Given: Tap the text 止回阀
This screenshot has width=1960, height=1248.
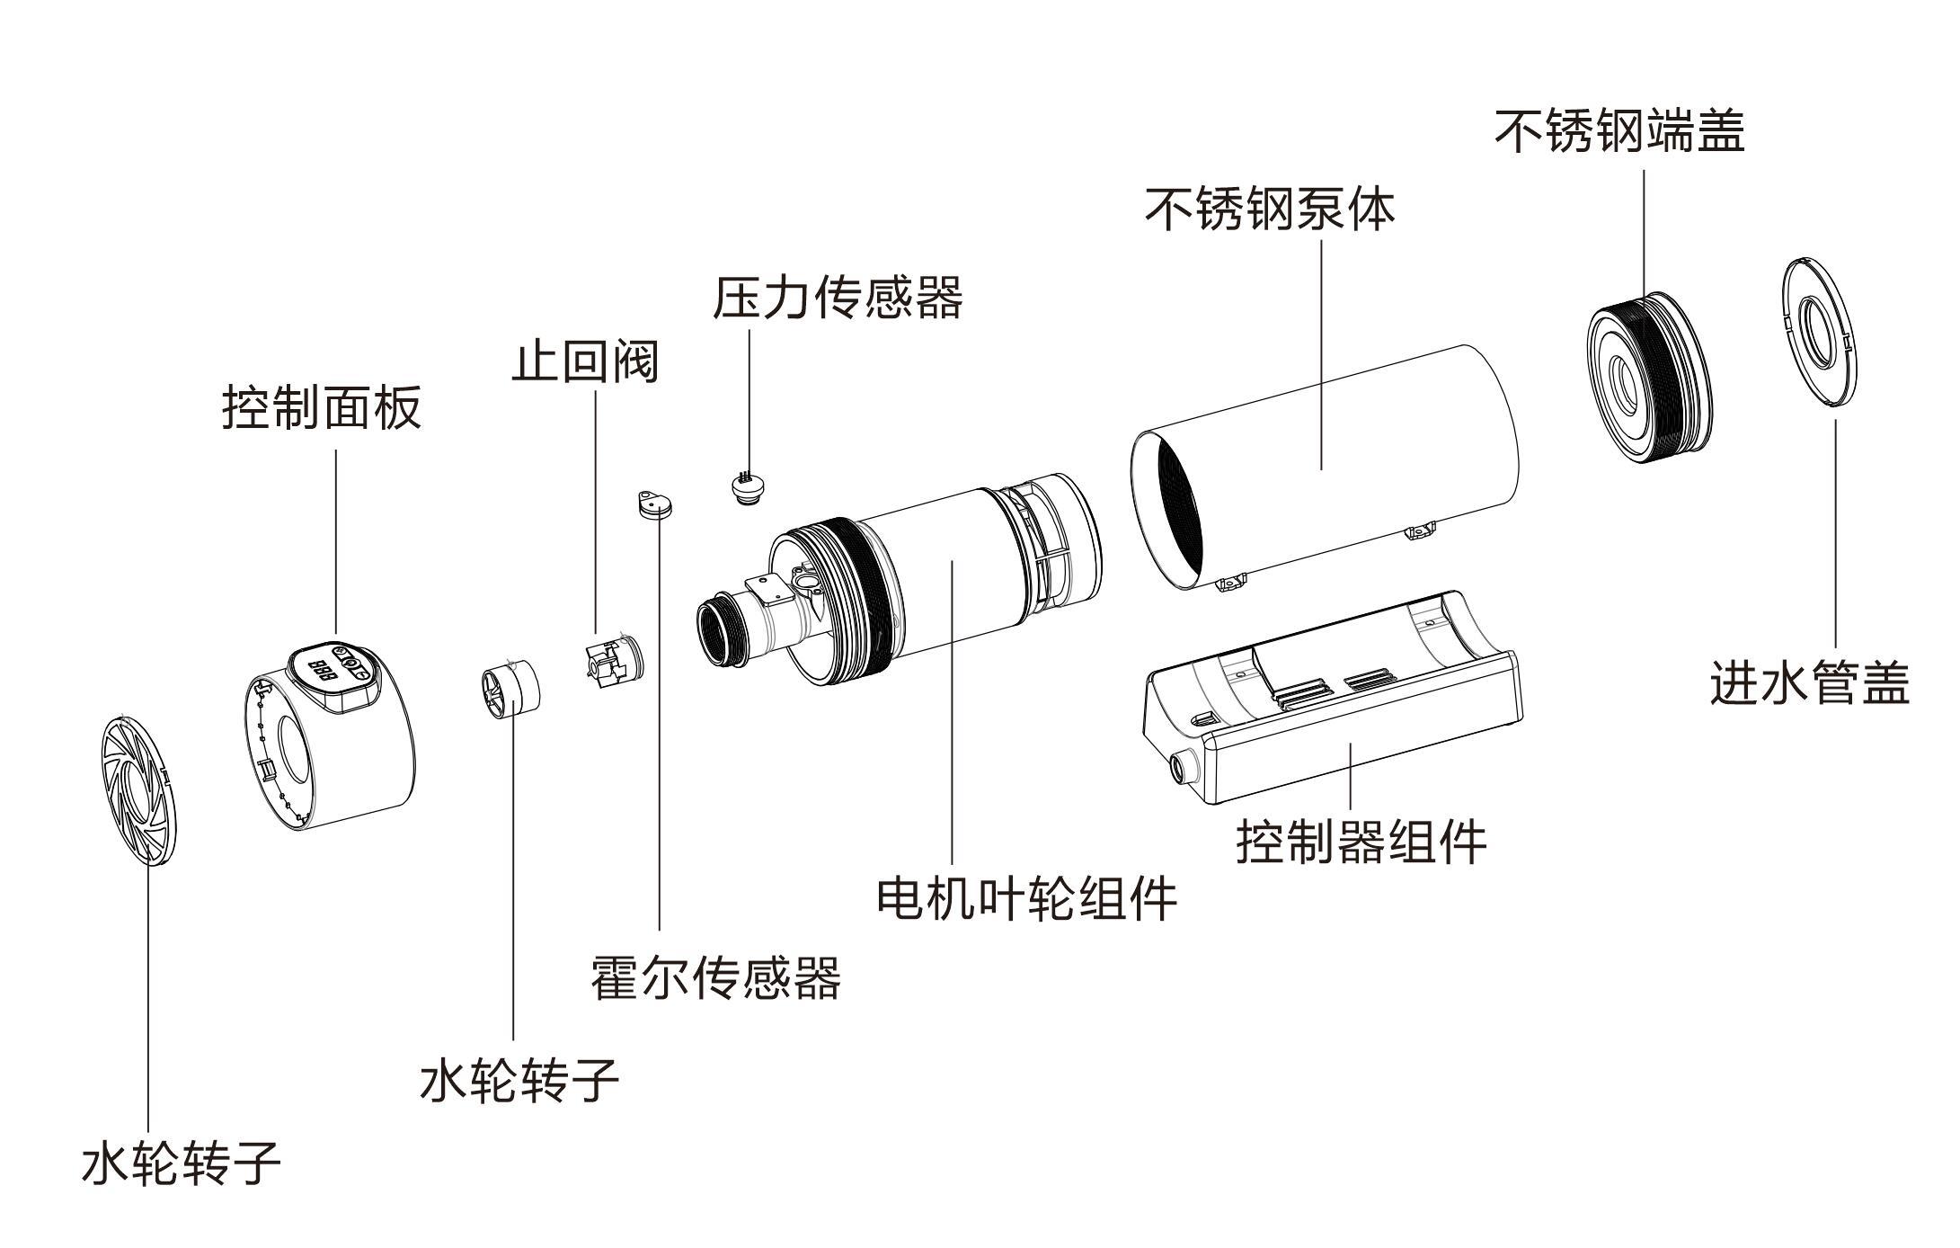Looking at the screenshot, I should pos(585,361).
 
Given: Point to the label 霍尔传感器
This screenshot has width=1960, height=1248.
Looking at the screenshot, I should pos(715,977).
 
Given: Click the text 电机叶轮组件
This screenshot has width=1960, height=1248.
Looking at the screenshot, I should pos(1026,897).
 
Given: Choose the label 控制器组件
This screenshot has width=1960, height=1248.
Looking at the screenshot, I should pos(1361,842).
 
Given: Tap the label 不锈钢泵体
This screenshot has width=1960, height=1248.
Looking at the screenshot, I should pos(1270,209).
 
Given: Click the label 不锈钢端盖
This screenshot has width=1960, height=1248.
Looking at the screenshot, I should pos(1619,131).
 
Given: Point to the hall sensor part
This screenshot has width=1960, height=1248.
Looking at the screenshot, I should pos(653,505).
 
